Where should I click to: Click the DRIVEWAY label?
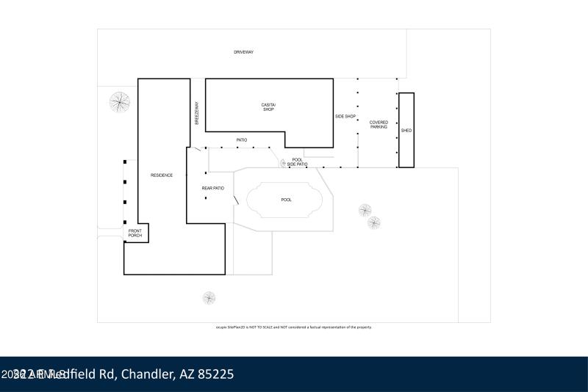coord(243,52)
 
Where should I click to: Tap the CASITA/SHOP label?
coord(268,107)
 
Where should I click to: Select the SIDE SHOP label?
coord(345,117)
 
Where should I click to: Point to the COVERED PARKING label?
coord(379,125)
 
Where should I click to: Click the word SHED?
coord(406,131)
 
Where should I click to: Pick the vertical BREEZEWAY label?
coord(197,113)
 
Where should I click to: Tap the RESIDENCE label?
coord(162,175)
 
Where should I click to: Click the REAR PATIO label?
coord(212,189)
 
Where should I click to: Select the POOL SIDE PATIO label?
coord(297,162)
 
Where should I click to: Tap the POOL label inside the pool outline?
coord(287,200)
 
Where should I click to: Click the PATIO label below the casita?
coord(241,139)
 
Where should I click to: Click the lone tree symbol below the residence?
coord(209,298)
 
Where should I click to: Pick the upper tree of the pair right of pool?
coord(365,211)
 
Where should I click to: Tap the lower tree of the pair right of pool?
coord(374,222)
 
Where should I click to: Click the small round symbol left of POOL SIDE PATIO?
coord(282,164)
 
